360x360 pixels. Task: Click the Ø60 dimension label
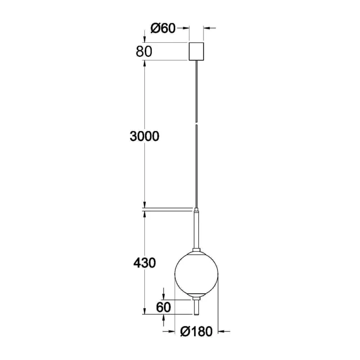point(163,28)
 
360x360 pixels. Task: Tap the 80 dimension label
point(144,51)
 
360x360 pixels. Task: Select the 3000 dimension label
point(144,136)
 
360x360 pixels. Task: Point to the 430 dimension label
point(144,263)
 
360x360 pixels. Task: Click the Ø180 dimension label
point(197,331)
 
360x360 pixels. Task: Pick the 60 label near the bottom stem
point(163,307)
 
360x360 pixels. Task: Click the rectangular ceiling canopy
point(196,51)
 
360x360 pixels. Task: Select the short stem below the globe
point(196,306)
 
